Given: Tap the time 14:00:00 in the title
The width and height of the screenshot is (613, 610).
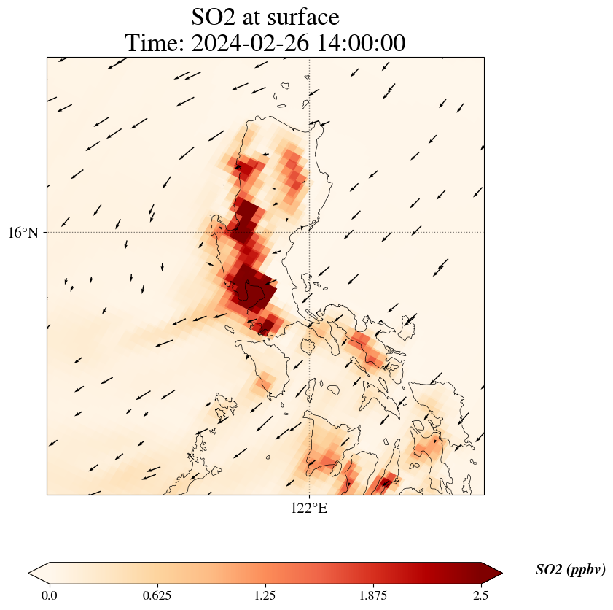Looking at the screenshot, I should [x=359, y=43].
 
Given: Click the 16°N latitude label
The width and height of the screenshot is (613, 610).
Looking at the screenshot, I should [x=27, y=233].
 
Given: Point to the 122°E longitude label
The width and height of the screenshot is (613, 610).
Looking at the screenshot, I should [x=309, y=509].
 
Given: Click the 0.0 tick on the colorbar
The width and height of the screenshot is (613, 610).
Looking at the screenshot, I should [x=50, y=595].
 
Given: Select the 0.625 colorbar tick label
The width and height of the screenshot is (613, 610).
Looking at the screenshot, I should [x=157, y=595].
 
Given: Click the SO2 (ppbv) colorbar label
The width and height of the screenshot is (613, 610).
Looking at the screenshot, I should [x=570, y=570].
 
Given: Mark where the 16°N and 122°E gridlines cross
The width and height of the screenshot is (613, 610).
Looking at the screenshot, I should [x=310, y=232].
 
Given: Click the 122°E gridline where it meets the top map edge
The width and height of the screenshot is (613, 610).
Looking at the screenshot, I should [x=310, y=58].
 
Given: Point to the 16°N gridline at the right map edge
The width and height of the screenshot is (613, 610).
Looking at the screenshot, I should [x=483, y=232].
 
